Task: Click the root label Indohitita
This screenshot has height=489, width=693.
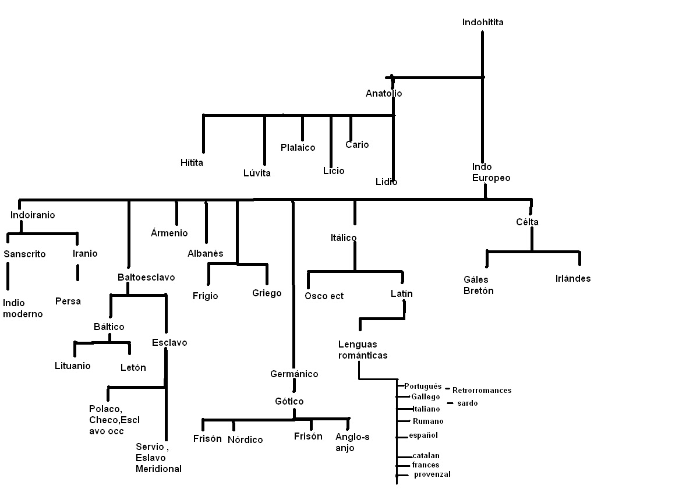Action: (x=483, y=22)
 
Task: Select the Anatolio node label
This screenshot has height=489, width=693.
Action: (x=384, y=93)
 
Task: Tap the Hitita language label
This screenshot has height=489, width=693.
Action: (x=192, y=163)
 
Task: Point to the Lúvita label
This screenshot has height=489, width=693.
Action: (x=257, y=173)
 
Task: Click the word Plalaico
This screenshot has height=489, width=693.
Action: (x=298, y=147)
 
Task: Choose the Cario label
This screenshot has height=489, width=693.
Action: (x=357, y=144)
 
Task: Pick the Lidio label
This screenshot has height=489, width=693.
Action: (x=386, y=182)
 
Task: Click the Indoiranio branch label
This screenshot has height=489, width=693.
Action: (x=33, y=215)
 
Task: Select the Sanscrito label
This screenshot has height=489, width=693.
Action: (x=24, y=254)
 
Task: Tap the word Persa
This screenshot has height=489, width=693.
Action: (x=68, y=301)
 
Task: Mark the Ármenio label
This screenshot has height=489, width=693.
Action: (x=169, y=233)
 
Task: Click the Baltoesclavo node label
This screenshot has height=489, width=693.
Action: (x=146, y=277)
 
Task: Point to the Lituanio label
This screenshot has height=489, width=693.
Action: (x=73, y=366)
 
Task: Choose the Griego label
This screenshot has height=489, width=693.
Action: (x=267, y=293)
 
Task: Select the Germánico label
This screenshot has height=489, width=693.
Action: (x=294, y=374)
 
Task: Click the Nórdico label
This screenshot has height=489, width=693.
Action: (x=245, y=440)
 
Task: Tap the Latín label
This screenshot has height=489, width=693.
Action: (x=402, y=293)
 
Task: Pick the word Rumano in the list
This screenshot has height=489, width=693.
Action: (x=428, y=421)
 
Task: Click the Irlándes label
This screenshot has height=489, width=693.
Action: (x=573, y=278)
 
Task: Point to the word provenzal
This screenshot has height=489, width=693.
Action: (x=432, y=474)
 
